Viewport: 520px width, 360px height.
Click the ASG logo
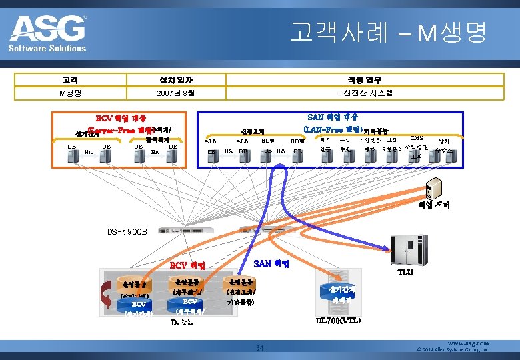pyautogui.click(x=48, y=33)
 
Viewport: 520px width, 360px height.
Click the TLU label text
pyautogui.click(x=405, y=272)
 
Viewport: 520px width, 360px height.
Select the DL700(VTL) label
pyautogui.click(x=339, y=321)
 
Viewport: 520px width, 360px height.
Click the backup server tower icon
pyautogui.click(x=434, y=188)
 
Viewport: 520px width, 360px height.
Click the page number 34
pyautogui.click(x=261, y=347)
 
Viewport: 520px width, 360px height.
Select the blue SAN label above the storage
pyautogui.click(x=271, y=263)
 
